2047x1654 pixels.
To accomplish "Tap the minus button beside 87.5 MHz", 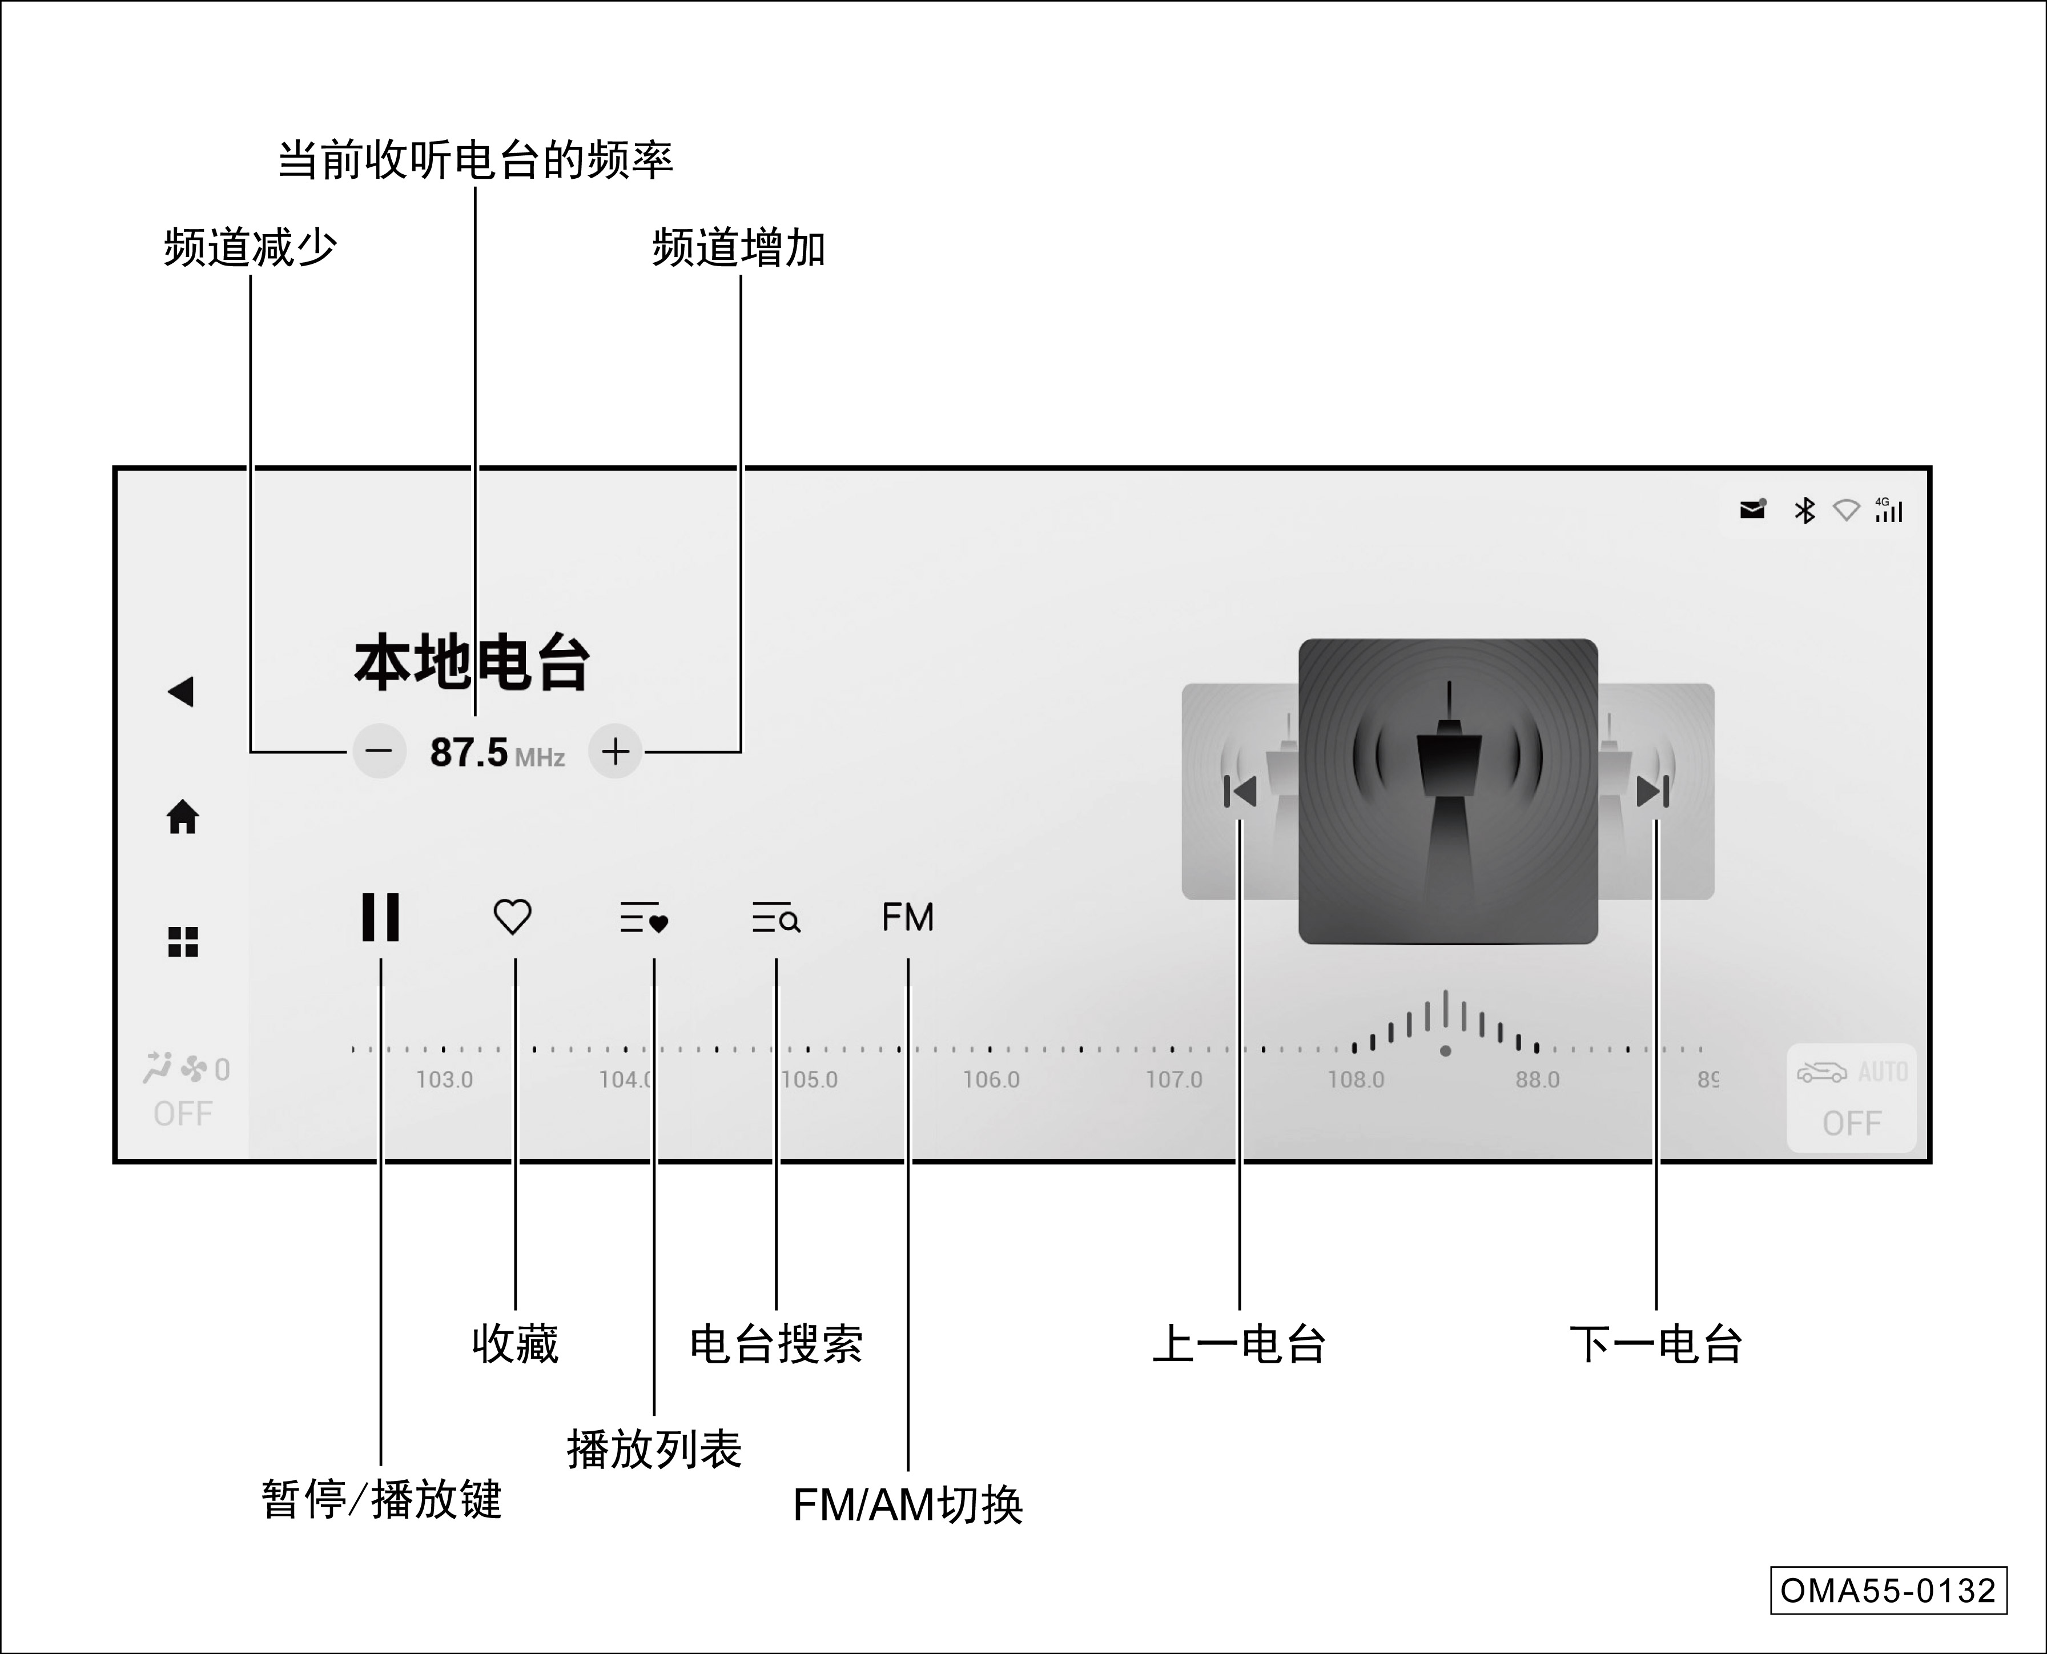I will coord(379,752).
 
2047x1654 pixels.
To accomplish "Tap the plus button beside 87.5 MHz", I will coord(616,752).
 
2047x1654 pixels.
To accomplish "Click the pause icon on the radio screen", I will coord(380,917).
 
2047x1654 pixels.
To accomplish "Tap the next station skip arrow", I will coord(1652,791).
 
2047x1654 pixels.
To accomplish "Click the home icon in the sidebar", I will coord(183,817).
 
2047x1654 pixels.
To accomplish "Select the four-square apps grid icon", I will coord(183,941).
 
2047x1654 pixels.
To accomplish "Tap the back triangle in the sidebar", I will coord(181,692).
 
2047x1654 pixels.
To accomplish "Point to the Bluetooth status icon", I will coord(1804,511).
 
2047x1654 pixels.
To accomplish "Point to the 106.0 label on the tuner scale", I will coord(991,1079).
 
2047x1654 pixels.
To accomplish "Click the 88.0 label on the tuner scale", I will coord(1538,1079).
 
